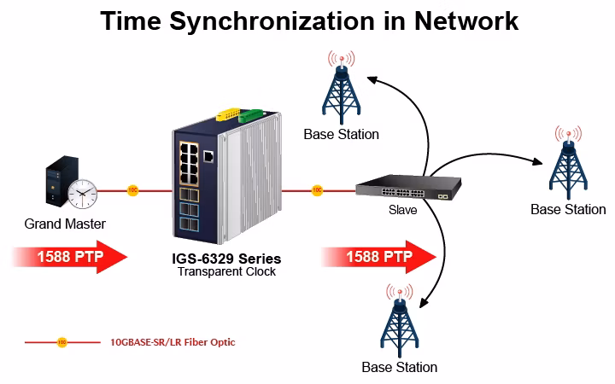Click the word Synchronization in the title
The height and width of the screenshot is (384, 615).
pos(272,21)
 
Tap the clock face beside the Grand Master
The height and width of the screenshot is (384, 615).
pos(82,194)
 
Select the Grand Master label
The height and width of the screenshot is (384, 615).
pos(65,224)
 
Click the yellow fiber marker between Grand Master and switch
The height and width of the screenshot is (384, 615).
pos(133,190)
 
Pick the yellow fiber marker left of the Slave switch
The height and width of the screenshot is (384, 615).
pos(317,190)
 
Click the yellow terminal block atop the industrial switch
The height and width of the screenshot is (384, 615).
pos(228,114)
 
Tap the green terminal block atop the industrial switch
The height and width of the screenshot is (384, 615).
pos(250,115)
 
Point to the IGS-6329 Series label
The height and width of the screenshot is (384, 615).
pos(226,259)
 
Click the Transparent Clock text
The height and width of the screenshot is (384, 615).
pos(226,271)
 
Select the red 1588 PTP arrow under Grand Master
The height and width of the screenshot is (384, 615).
pos(71,257)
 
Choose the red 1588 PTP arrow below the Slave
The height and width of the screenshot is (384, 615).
pos(379,257)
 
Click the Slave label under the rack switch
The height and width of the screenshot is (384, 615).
pos(403,210)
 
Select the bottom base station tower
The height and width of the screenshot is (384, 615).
pos(399,321)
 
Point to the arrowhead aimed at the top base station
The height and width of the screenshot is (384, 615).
pos(372,79)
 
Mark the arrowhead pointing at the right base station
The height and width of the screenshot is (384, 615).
pos(537,161)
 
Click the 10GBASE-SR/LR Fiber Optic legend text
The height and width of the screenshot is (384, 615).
pos(173,342)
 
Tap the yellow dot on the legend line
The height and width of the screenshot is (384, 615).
pos(62,342)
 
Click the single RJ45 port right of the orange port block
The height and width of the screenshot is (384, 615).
pos(208,156)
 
